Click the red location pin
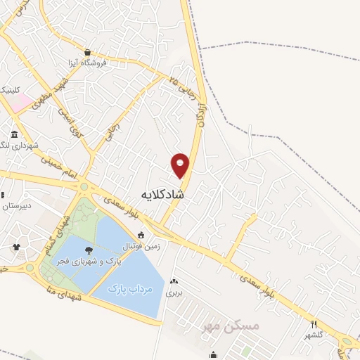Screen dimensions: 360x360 (x=180, y=165)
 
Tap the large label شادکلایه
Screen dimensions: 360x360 (x=162, y=193)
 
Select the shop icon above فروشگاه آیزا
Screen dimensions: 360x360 (x=87, y=52)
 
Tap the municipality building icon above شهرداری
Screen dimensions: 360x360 (x=14, y=134)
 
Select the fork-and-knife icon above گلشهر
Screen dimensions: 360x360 (x=314, y=324)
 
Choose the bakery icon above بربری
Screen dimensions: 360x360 (x=173, y=282)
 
